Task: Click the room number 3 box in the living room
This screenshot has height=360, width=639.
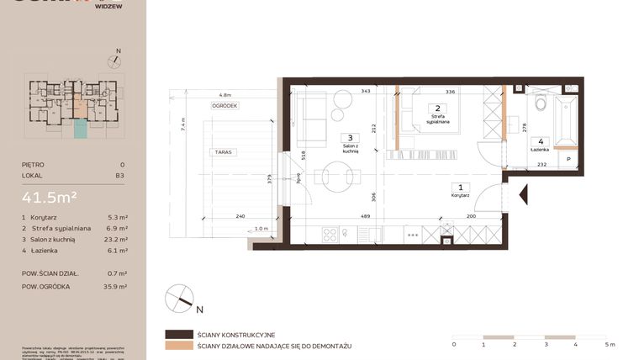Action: [350, 138]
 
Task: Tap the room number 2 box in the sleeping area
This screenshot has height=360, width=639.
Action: [436, 109]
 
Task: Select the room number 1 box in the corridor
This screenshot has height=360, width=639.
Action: [459, 188]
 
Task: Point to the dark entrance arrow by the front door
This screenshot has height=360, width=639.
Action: [523, 196]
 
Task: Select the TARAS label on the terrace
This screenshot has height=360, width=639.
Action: [223, 152]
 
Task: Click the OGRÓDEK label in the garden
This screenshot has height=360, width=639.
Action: [224, 106]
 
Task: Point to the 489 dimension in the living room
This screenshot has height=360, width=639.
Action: [366, 216]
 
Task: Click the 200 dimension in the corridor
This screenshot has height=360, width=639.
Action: [470, 216]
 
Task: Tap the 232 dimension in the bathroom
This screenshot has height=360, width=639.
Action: [542, 165]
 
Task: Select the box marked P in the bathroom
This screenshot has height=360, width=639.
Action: [568, 159]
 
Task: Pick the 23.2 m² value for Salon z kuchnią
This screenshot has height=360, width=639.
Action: [117, 240]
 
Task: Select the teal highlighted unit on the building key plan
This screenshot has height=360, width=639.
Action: [80, 129]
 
